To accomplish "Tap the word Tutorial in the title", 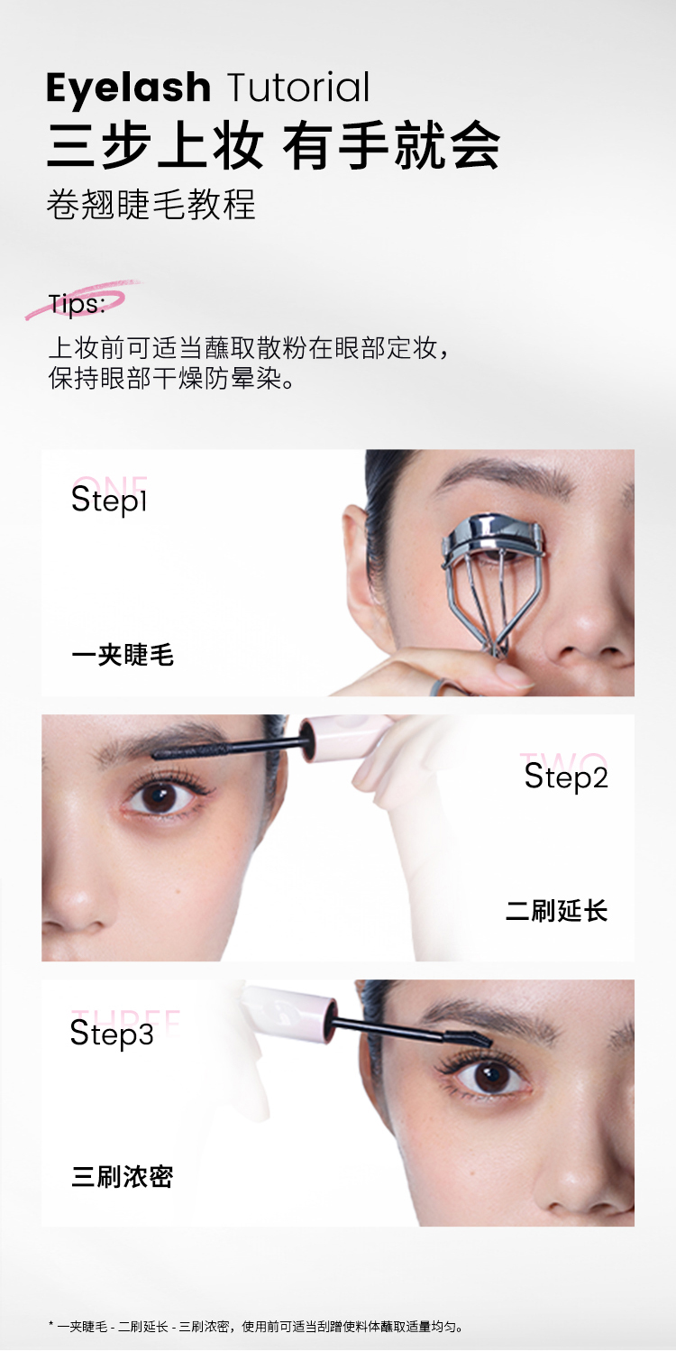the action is tap(298, 87).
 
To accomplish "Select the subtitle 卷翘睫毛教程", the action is tap(151, 204).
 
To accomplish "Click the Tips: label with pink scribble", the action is tap(77, 303).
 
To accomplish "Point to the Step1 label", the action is tap(109, 501).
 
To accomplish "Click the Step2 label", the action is tap(566, 777).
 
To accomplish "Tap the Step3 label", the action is tap(112, 1034).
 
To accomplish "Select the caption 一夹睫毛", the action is tap(123, 656).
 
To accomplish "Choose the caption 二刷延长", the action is tap(556, 911).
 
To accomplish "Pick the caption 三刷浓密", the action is tap(123, 1177).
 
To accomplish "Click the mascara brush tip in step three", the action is tap(468, 1037).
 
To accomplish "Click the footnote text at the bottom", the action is tap(256, 1326).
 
